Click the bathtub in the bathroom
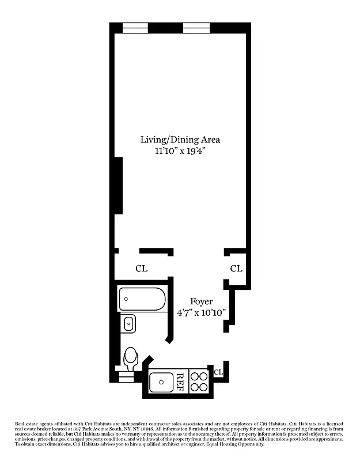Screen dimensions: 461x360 click(142, 300)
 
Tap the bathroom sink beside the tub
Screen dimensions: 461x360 click(128, 324)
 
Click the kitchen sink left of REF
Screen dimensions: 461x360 click(160, 381)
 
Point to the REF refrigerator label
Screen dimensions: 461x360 click(180, 381)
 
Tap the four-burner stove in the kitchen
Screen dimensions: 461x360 click(199, 381)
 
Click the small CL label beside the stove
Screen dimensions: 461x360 click(218, 372)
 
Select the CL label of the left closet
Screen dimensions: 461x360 click(141, 269)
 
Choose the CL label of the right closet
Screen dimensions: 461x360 click(236, 269)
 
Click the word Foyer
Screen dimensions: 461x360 click(202, 301)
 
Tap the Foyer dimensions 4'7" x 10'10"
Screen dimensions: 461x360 click(202, 312)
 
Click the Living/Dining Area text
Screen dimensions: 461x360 click(180, 139)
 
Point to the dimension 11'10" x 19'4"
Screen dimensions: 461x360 click(180, 151)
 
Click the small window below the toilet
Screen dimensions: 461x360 click(125, 377)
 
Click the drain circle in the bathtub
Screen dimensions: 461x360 click(126, 300)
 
